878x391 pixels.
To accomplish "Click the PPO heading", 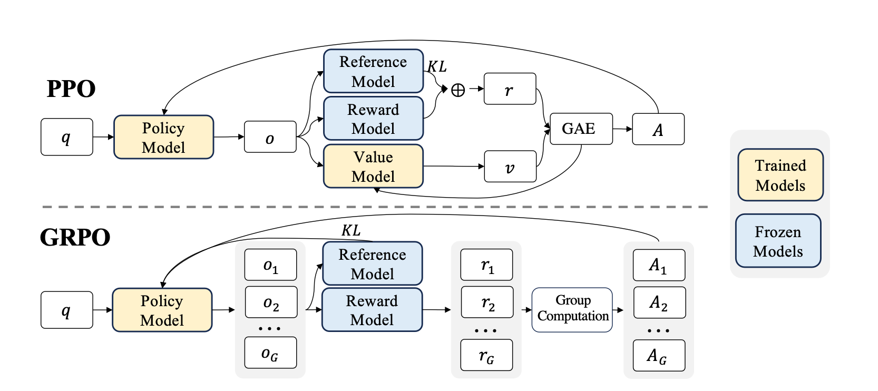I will coord(71,89).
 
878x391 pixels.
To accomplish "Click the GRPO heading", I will coord(75,237).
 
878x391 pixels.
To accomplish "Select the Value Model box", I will coord(373,167).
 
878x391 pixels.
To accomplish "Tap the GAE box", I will coord(581,129).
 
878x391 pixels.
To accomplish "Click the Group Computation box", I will coord(572,309).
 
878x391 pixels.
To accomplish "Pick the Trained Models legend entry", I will coord(780,175).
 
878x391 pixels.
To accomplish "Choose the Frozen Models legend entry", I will coord(778,241).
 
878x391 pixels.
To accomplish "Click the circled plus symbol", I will coord(458,90).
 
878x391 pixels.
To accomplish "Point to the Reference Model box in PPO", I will coord(373,71).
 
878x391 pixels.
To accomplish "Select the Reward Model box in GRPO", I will coord(372,310).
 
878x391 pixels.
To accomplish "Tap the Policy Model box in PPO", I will coord(163,138).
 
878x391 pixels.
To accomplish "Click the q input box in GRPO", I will coord(66,310).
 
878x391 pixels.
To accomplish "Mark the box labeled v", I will coord(510,167).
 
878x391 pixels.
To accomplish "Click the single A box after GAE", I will coord(658,129).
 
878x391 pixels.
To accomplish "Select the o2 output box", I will coord(271,302).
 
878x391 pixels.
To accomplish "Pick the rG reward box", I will coord(486,355).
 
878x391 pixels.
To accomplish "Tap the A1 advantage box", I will coord(659,265).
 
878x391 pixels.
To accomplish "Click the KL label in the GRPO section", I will coord(351,230).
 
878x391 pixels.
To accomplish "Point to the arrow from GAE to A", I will coord(622,129).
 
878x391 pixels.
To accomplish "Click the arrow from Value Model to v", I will coord(453,167).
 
